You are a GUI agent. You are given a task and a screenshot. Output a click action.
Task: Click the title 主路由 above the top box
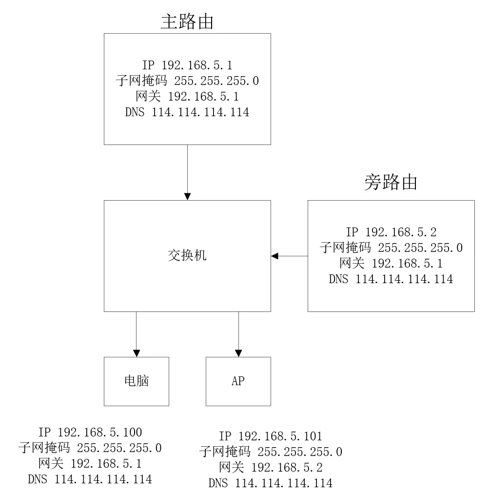187,21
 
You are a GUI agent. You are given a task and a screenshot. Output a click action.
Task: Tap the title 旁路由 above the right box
391,182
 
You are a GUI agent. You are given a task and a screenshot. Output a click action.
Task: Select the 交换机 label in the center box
187,255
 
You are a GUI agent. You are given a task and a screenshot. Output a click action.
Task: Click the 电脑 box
137,381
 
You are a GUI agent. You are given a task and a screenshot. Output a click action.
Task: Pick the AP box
238,381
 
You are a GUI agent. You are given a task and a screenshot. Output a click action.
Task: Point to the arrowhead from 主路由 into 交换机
187,196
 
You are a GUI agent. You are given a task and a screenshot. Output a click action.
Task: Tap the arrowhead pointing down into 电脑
137,353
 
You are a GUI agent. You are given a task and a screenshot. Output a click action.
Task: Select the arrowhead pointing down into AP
238,353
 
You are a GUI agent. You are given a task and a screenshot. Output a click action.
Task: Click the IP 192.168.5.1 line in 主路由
187,65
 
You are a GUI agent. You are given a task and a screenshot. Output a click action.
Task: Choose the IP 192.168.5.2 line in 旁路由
391,232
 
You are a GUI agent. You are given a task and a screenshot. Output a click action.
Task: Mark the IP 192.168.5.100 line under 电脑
90,432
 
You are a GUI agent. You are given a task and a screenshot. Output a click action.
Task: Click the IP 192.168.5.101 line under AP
271,436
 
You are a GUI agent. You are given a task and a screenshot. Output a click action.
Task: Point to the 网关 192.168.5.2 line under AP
271,468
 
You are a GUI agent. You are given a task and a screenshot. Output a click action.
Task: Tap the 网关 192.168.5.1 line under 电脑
90,463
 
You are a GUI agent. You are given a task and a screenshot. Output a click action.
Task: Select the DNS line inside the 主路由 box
187,112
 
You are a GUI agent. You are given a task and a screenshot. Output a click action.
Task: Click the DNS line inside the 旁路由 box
391,279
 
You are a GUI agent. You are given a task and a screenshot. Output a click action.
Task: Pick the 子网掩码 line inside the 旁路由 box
391,248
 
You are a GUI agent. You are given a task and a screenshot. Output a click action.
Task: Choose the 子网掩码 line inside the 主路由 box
187,81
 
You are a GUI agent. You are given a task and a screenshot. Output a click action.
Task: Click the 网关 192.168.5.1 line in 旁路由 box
391,264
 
